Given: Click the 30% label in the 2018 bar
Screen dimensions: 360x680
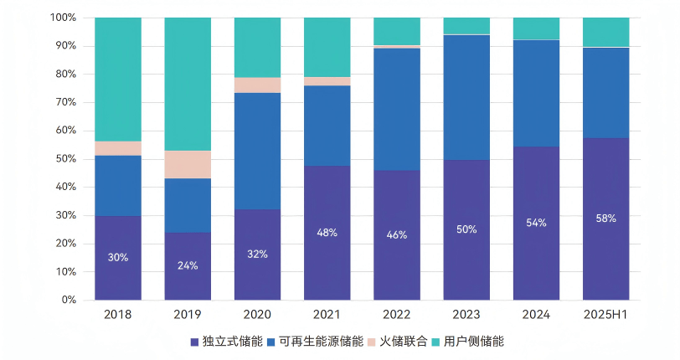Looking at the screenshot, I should coord(118,258).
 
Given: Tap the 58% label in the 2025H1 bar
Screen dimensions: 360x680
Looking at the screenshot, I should coord(605,219).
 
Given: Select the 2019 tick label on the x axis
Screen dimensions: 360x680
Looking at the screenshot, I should coord(188,315).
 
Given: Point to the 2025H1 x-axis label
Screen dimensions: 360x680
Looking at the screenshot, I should coord(605,315).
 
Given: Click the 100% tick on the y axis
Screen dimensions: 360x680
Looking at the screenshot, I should coord(64,18).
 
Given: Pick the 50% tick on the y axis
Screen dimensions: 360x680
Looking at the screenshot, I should coord(66,159).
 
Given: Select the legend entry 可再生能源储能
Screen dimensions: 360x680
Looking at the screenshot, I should coord(321,342).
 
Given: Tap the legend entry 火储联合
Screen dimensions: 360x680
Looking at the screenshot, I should coord(404,342).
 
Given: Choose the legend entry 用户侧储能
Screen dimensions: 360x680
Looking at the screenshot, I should coord(474,342).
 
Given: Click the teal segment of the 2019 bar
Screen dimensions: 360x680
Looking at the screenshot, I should coord(188,84).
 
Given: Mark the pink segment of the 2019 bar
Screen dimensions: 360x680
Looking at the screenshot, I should coord(188,164).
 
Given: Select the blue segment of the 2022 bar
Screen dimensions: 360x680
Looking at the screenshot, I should coord(397,109).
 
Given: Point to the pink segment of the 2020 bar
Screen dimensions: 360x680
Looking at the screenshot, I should coord(257,85).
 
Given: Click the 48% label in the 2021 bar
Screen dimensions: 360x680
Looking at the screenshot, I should coord(327,233).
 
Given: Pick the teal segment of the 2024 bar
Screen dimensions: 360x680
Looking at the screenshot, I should coord(536,28).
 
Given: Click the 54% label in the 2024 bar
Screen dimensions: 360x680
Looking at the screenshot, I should coord(536,223).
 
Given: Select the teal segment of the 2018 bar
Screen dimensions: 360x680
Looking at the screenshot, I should coord(118,79).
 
